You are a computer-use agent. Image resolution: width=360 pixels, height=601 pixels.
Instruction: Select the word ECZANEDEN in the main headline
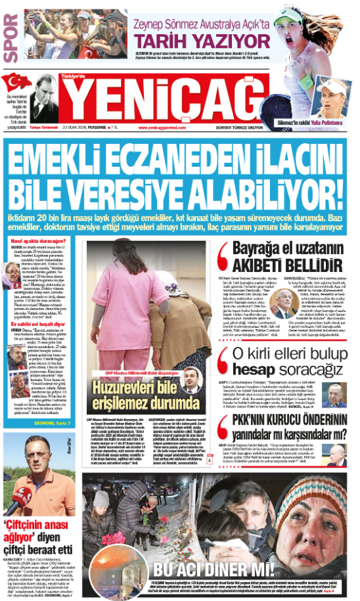point(166,160)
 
